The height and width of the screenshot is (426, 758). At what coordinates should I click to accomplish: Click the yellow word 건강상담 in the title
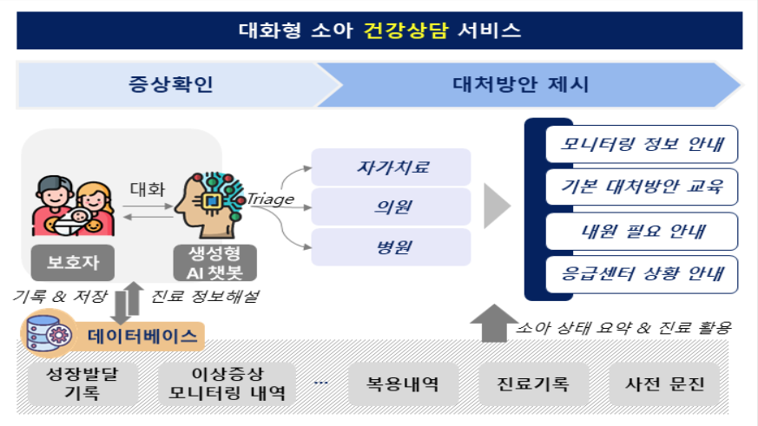pos(405,30)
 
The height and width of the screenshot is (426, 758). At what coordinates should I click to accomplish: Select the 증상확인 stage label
pos(171,84)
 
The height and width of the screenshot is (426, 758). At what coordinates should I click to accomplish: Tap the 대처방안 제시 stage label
pos(521,84)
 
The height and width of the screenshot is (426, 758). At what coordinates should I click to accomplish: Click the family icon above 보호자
pos(74,206)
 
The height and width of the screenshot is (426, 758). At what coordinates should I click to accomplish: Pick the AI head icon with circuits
pos(210,205)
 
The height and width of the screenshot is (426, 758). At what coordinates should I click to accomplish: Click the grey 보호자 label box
pos(73,263)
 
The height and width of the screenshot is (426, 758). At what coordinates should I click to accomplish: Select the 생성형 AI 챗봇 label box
pos(215,263)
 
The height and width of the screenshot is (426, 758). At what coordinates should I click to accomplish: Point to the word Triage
pos(271,199)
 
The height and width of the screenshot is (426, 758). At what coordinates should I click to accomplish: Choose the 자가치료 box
pos(391,167)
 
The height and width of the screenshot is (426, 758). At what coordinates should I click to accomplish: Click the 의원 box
pos(391,206)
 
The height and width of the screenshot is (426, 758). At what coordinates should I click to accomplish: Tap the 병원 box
pos(391,246)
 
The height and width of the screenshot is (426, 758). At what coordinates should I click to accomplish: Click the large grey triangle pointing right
pos(497,206)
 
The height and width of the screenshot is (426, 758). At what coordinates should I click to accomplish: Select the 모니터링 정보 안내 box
pos(642,144)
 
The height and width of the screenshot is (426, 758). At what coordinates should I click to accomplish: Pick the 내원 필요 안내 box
pos(642,231)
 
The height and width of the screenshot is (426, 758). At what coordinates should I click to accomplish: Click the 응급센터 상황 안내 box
pos(642,274)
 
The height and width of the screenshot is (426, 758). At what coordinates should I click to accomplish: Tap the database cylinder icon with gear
pos(49,333)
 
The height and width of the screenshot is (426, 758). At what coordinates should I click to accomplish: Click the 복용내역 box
pos(403,384)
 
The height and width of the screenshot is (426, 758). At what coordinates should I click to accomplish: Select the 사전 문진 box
pos(664,384)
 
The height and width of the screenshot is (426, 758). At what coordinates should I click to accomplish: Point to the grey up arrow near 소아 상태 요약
pos(494,323)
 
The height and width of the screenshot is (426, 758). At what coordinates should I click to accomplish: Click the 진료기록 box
pos(534,384)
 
